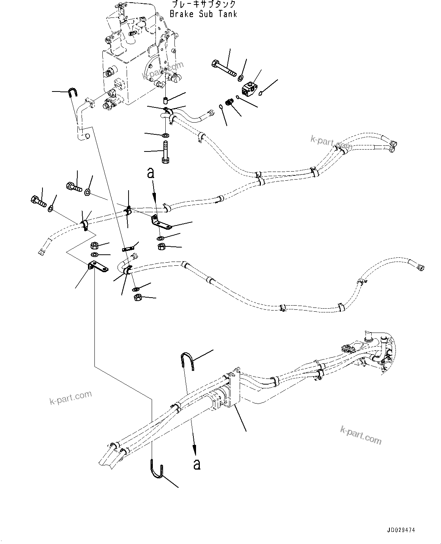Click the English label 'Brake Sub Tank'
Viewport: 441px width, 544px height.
203,14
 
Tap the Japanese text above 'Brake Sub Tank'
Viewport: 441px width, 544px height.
203,5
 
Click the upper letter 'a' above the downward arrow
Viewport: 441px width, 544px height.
151,173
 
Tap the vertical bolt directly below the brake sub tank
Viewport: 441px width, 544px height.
165,152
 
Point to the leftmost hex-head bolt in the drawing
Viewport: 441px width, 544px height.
35,200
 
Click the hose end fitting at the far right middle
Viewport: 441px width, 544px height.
420,268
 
